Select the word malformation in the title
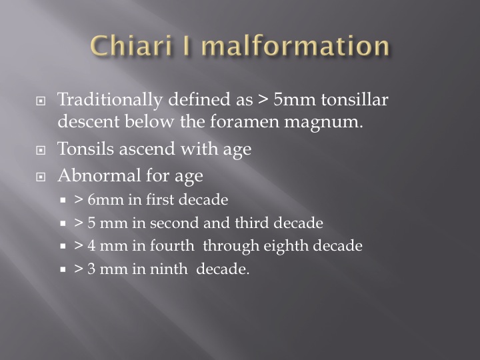click(x=296, y=46)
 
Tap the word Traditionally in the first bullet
click(x=110, y=100)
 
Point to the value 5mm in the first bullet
click(x=295, y=99)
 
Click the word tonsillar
click(x=355, y=99)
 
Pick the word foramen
click(x=245, y=121)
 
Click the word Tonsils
click(x=86, y=149)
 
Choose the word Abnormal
click(x=99, y=175)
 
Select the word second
click(x=175, y=223)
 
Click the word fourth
click(x=173, y=245)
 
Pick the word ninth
click(x=169, y=269)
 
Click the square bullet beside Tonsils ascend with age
click(x=41, y=150)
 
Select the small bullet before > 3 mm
click(x=63, y=269)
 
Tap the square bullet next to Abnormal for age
click(x=41, y=177)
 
